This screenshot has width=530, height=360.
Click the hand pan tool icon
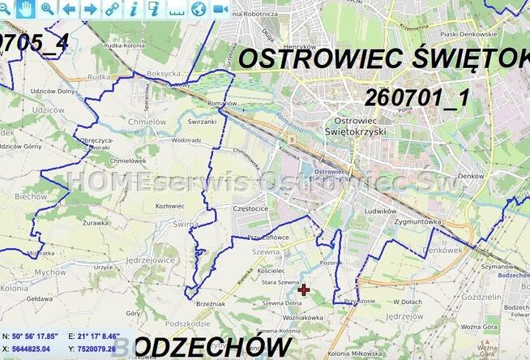(26, 8)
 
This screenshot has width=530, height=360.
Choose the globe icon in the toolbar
(199, 8)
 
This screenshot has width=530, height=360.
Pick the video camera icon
(220, 8)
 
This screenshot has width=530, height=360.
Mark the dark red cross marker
(304, 289)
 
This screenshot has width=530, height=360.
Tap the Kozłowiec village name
(170, 206)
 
